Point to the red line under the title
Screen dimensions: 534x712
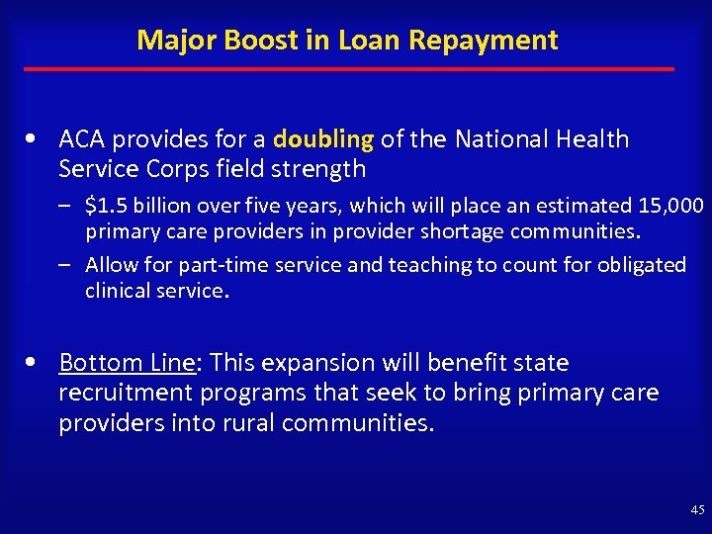point(348,69)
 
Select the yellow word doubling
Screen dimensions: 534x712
point(321,139)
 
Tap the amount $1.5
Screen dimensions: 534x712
point(109,206)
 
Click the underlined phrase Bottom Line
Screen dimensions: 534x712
point(127,363)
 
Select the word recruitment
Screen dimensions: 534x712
point(126,393)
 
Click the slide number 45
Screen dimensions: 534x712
point(697,510)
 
